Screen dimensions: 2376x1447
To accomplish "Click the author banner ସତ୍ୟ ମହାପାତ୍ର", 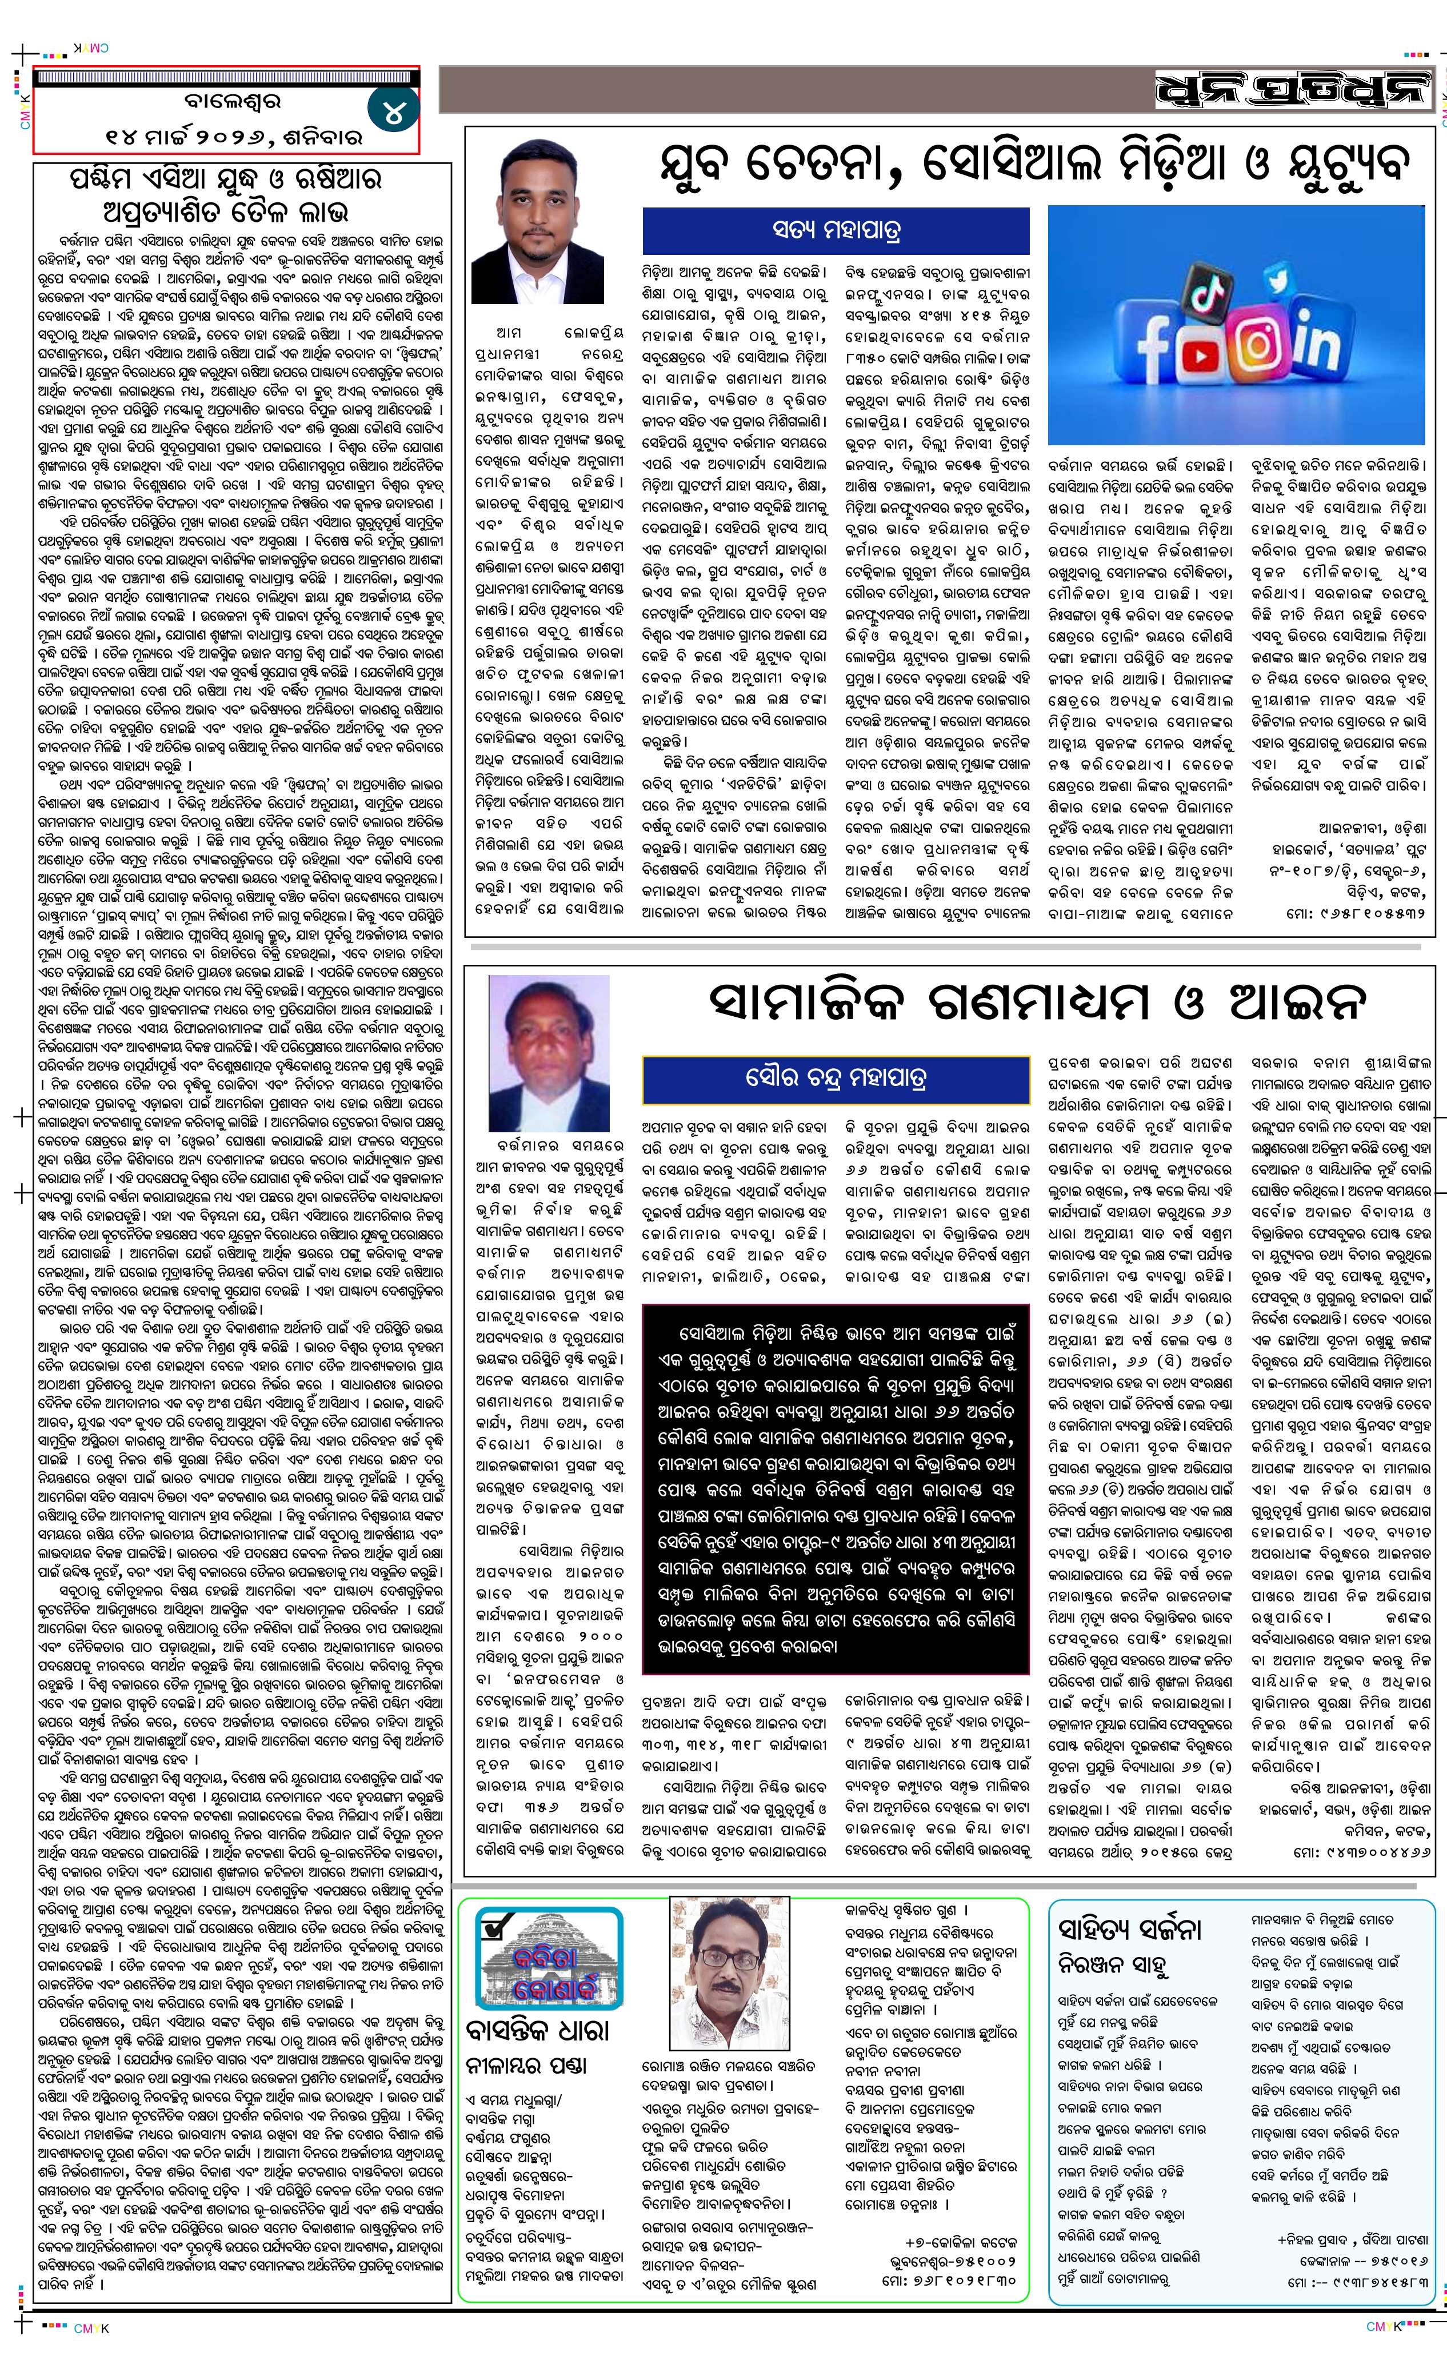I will click(x=837, y=231).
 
